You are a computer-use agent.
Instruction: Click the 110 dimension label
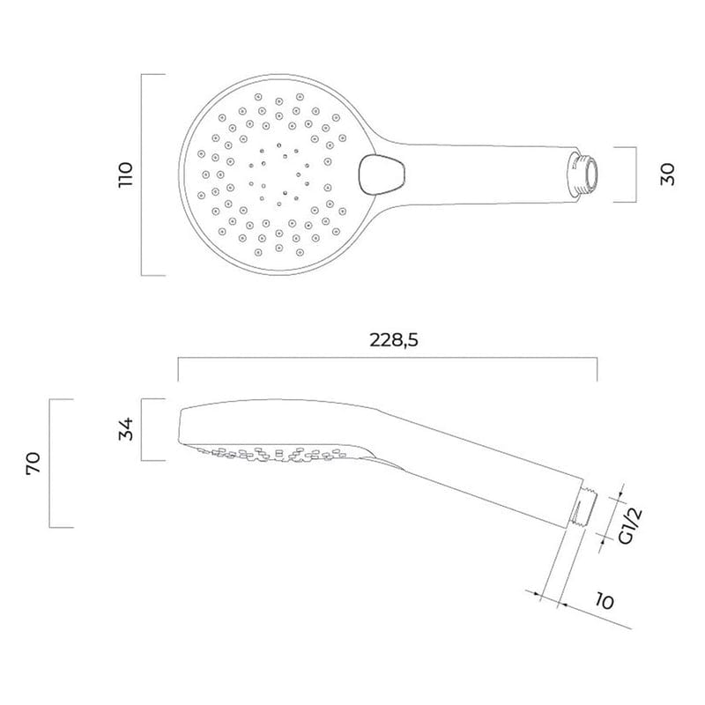(126, 175)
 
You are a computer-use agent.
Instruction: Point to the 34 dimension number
(126, 430)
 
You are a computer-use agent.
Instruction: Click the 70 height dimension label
(33, 464)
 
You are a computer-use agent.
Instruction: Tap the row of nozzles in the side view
(282, 453)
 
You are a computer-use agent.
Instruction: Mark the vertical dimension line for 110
(143, 175)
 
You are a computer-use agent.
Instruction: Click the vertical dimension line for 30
(636, 174)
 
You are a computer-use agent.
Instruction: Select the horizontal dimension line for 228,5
(387, 358)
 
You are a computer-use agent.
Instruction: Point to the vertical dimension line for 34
(143, 430)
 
